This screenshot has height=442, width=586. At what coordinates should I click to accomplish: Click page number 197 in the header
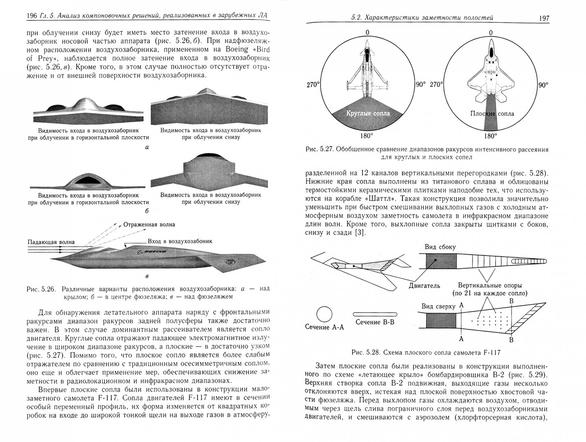point(544,18)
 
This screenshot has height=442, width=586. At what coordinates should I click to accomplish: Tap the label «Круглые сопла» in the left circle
point(368,113)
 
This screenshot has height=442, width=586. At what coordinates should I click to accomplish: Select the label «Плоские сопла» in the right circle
point(492,113)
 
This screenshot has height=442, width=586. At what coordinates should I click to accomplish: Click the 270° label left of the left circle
point(313,85)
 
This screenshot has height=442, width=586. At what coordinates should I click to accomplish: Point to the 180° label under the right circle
point(490,136)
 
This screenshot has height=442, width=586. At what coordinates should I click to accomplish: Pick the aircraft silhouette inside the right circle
point(490,70)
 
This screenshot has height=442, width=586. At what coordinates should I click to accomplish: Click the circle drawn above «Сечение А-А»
point(324,314)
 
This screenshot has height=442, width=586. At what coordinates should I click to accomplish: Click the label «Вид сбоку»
point(440,247)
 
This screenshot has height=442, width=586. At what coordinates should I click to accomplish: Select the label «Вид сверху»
point(436,306)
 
